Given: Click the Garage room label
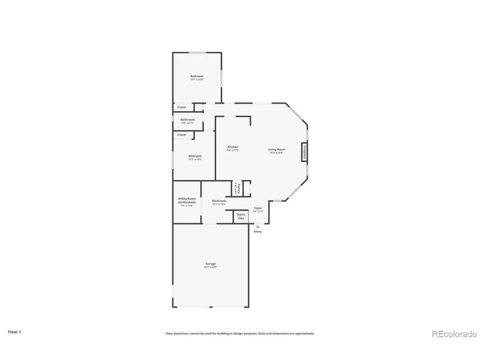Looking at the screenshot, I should [211, 264].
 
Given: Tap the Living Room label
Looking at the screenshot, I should [277, 150].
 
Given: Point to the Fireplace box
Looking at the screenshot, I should [304, 151].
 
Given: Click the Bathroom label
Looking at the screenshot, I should [187, 120].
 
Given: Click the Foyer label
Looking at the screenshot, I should [257, 208].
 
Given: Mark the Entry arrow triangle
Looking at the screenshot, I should [258, 225].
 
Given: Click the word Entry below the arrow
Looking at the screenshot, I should [258, 232].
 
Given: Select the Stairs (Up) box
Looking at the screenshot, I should [241, 216].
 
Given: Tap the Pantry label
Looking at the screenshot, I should [238, 188].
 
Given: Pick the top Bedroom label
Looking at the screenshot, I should [197, 77].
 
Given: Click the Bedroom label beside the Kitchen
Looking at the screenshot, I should [195, 157].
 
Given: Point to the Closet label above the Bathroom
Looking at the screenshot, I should [181, 107].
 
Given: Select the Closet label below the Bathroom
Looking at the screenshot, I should [181, 135].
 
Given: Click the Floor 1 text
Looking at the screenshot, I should [14, 331].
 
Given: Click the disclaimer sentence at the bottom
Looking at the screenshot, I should [240, 333].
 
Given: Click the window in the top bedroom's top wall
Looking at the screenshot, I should [197, 52].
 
